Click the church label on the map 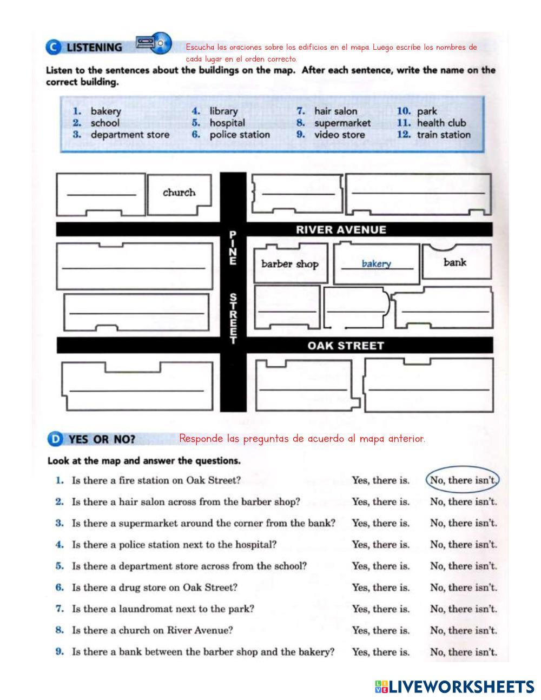click(x=179, y=193)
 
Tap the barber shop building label click(x=289, y=264)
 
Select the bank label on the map click(x=454, y=262)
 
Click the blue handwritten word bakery click(x=376, y=263)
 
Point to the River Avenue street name click(x=341, y=229)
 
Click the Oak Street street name click(x=345, y=345)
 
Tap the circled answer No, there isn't click(x=463, y=480)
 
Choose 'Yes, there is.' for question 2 click(x=380, y=501)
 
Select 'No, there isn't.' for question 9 click(x=463, y=652)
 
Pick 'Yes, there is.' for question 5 click(x=380, y=566)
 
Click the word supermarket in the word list click(x=342, y=123)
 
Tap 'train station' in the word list click(x=444, y=135)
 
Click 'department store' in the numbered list click(x=130, y=135)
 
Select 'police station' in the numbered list click(x=240, y=135)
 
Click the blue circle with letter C click(x=53, y=48)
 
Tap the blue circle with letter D click(x=55, y=439)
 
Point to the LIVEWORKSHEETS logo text click(x=461, y=686)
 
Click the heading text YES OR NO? click(x=101, y=439)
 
